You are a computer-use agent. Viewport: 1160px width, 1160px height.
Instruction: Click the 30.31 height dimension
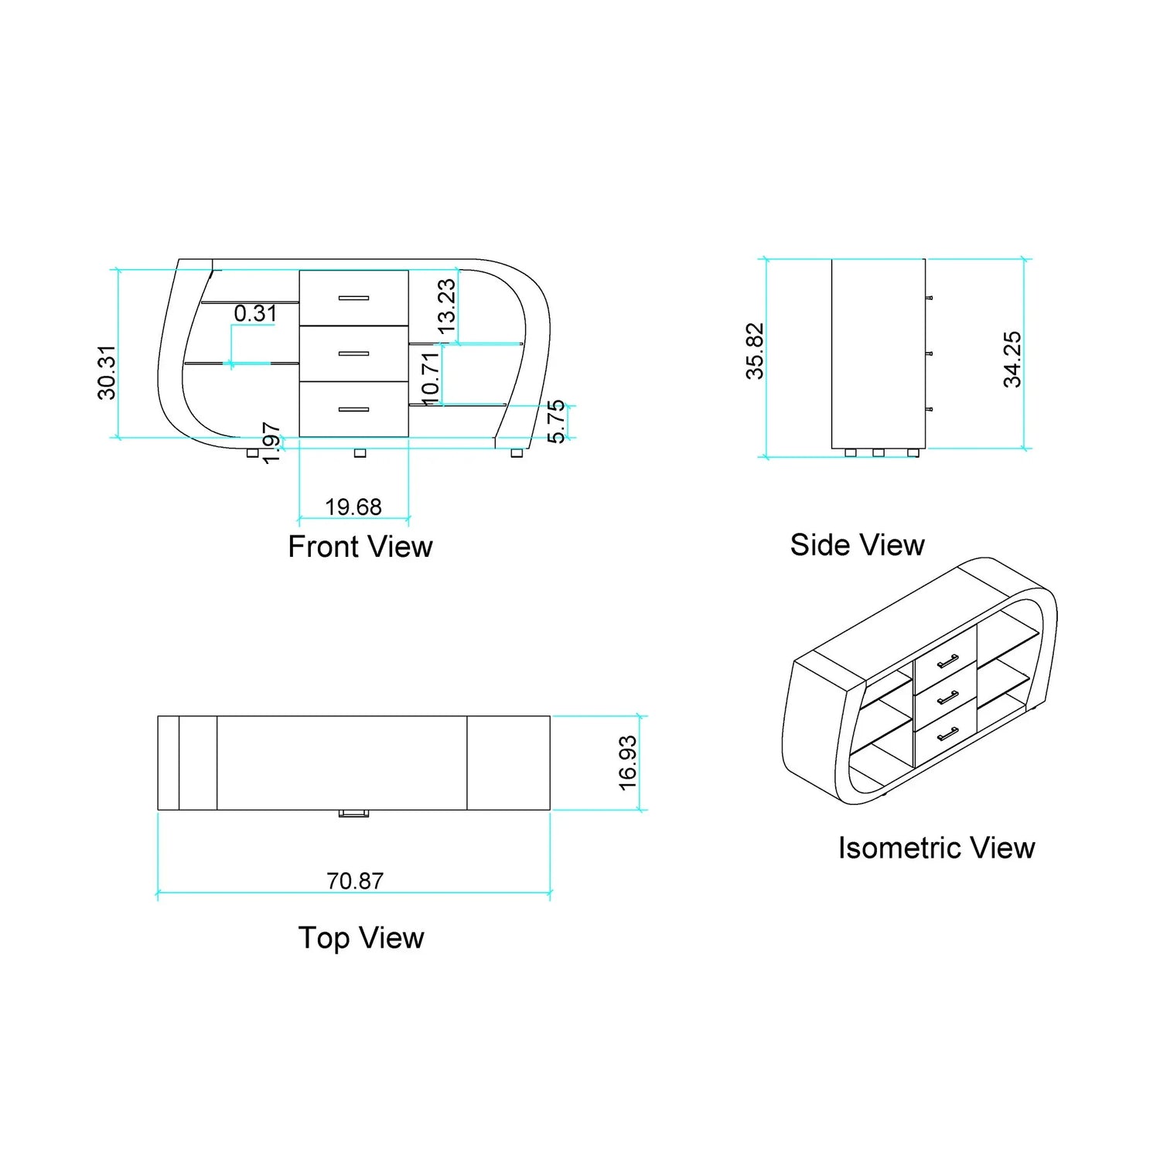coord(107,373)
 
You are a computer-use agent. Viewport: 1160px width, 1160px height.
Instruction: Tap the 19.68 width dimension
coord(353,507)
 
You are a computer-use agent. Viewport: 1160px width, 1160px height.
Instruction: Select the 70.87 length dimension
coord(355,881)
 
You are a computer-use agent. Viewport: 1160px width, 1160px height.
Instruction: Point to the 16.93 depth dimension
coord(628,763)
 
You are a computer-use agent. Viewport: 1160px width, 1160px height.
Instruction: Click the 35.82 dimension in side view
coord(755,351)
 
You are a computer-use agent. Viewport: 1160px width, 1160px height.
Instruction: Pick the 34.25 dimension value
coord(1012,359)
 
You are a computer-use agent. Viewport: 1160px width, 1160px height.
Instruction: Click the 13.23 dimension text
coord(446,306)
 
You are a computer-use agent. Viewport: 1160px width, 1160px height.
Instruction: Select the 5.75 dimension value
coord(556,421)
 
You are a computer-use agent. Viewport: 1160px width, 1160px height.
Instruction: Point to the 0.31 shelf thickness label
coord(255,313)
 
